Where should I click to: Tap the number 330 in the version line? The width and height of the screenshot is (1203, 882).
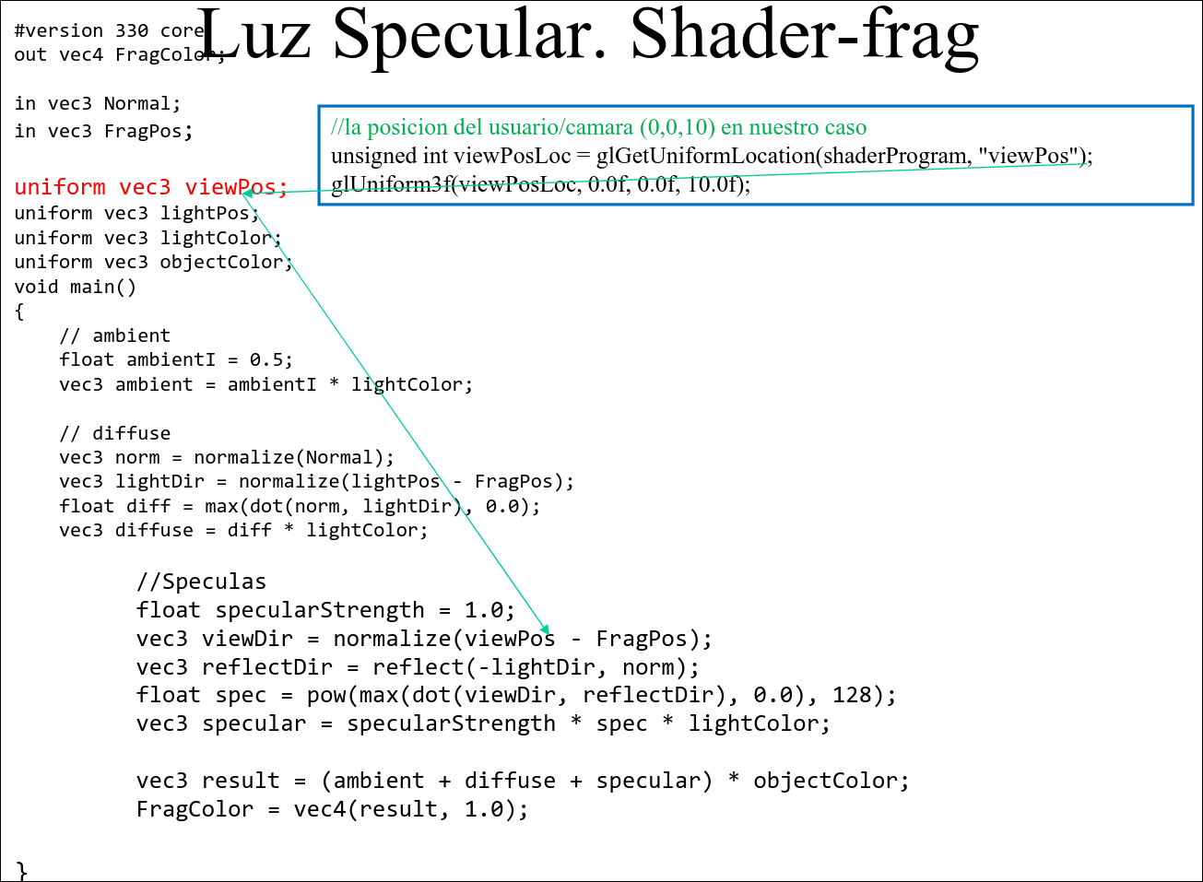132,30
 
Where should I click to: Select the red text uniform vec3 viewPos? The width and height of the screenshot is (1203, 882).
150,187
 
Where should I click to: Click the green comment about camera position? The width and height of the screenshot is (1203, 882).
598,127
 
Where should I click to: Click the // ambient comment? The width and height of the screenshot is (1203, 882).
115,335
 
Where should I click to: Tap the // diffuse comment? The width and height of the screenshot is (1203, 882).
115,433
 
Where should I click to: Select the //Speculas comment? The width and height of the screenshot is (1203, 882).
201,582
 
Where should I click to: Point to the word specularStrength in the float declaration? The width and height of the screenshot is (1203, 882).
320,610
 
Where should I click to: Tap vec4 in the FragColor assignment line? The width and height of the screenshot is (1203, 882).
320,809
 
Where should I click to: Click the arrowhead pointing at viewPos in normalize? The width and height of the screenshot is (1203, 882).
546,629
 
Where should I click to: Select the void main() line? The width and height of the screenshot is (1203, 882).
76,287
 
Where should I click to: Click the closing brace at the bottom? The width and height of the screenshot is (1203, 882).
22,870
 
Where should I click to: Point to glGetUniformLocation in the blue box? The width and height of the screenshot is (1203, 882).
705,156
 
